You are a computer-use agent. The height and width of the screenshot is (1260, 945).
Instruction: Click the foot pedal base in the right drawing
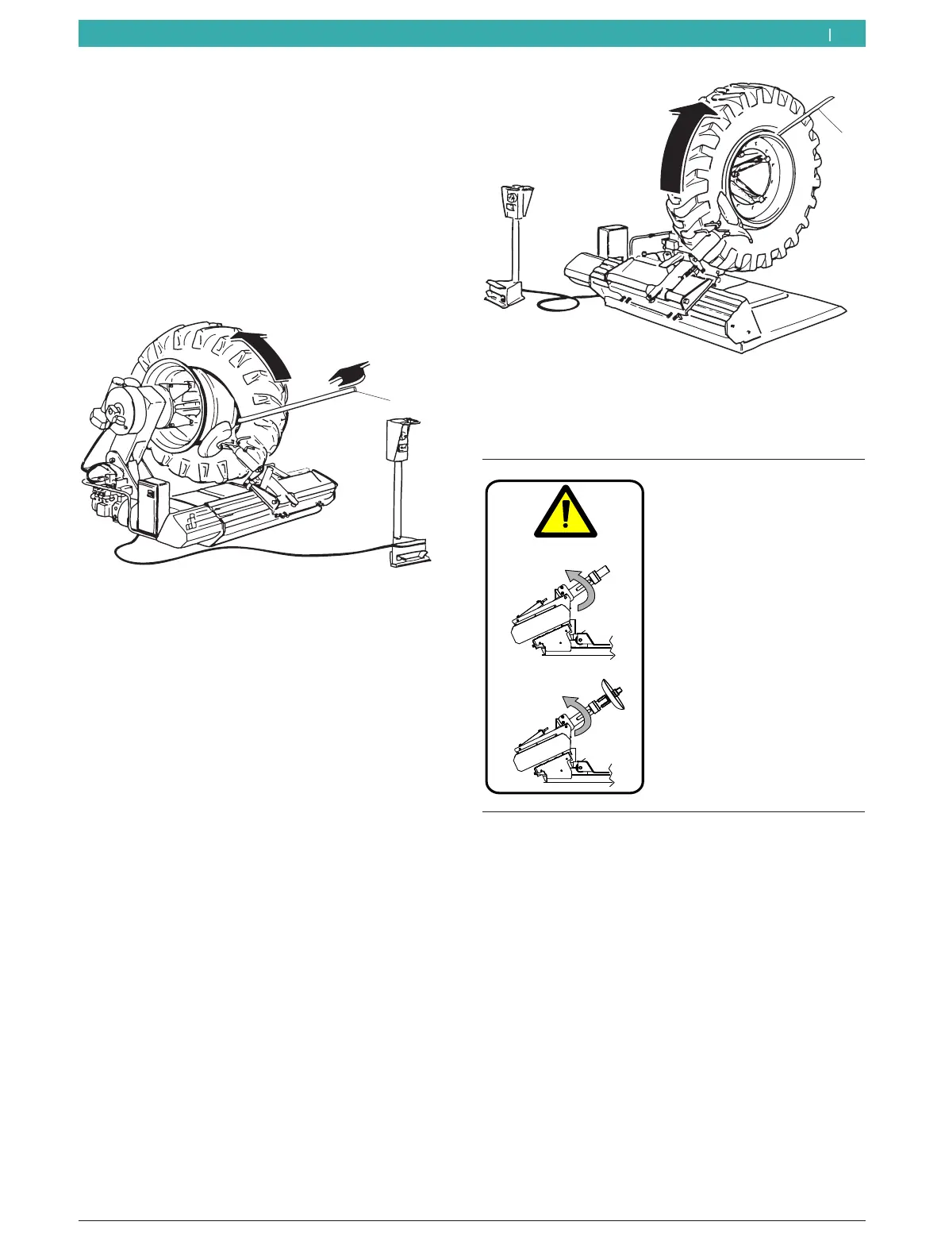click(x=503, y=292)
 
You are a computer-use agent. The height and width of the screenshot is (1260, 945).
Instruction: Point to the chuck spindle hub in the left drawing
click(x=123, y=405)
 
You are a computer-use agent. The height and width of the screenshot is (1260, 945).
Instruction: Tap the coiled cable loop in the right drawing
click(x=555, y=301)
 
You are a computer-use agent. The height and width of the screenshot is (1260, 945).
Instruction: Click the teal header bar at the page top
click(x=471, y=34)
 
